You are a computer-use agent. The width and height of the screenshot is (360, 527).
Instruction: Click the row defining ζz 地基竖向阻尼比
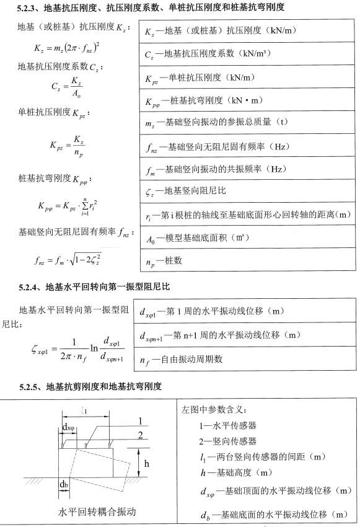[180, 192]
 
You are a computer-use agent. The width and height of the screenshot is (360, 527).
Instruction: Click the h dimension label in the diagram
[147, 463]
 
